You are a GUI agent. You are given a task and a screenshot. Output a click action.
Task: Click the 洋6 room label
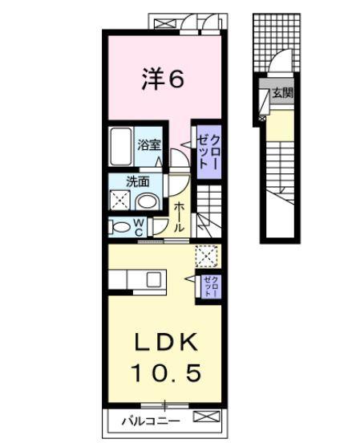163,79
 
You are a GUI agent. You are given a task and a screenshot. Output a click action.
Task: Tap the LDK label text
166,342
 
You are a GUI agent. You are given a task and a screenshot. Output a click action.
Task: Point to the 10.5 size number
166,372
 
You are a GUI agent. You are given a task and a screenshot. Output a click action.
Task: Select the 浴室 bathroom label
149,145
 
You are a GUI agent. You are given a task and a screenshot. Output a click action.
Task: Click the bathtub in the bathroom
121,146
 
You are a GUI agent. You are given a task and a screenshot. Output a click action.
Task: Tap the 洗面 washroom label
138,182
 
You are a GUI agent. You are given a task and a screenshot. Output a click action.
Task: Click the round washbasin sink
147,202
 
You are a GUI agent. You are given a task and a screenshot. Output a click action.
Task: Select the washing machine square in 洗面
120,200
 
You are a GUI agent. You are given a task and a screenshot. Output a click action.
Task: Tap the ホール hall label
180,217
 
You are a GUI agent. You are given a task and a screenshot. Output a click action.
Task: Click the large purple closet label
208,152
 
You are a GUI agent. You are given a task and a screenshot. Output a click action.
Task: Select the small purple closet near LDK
211,287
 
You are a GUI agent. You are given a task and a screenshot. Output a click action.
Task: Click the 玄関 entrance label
282,92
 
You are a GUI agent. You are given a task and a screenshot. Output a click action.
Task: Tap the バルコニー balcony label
151,421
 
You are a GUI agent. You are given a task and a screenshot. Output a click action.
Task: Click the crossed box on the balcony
206,417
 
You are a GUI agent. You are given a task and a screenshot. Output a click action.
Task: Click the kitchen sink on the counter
154,279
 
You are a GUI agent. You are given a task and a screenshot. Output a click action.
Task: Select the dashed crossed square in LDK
207,256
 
